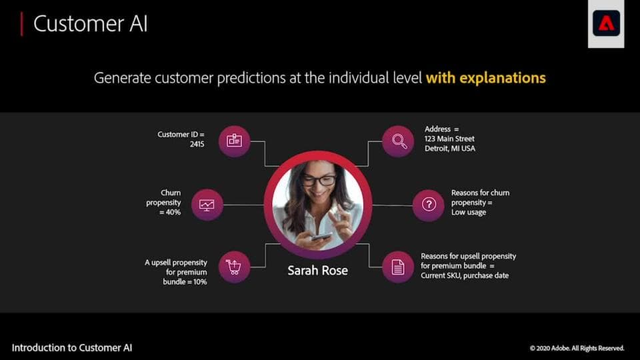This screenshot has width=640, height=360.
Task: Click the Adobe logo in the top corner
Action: [606, 23]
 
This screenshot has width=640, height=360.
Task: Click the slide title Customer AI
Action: [90, 24]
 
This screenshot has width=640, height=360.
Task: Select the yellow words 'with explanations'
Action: [485, 78]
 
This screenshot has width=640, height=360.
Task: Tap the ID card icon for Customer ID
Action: [234, 141]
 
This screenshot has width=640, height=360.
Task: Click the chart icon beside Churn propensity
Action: [207, 205]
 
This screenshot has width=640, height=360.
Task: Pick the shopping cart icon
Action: [234, 267]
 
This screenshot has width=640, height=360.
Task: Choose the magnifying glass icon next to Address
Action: [399, 141]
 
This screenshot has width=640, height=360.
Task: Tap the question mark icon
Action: [429, 205]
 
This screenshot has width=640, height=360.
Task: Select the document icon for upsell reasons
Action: [398, 267]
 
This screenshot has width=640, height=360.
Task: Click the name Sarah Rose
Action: [317, 271]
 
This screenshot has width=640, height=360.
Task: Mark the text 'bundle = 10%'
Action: [185, 282]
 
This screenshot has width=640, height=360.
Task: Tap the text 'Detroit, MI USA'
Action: [450, 149]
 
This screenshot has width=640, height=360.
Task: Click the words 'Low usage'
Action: [469, 212]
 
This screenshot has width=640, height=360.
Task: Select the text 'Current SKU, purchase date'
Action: [465, 275]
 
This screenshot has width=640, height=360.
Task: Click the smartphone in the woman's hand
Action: [321, 236]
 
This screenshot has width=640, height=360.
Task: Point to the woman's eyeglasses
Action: [318, 180]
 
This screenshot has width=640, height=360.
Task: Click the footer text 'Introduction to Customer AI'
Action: [72, 348]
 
